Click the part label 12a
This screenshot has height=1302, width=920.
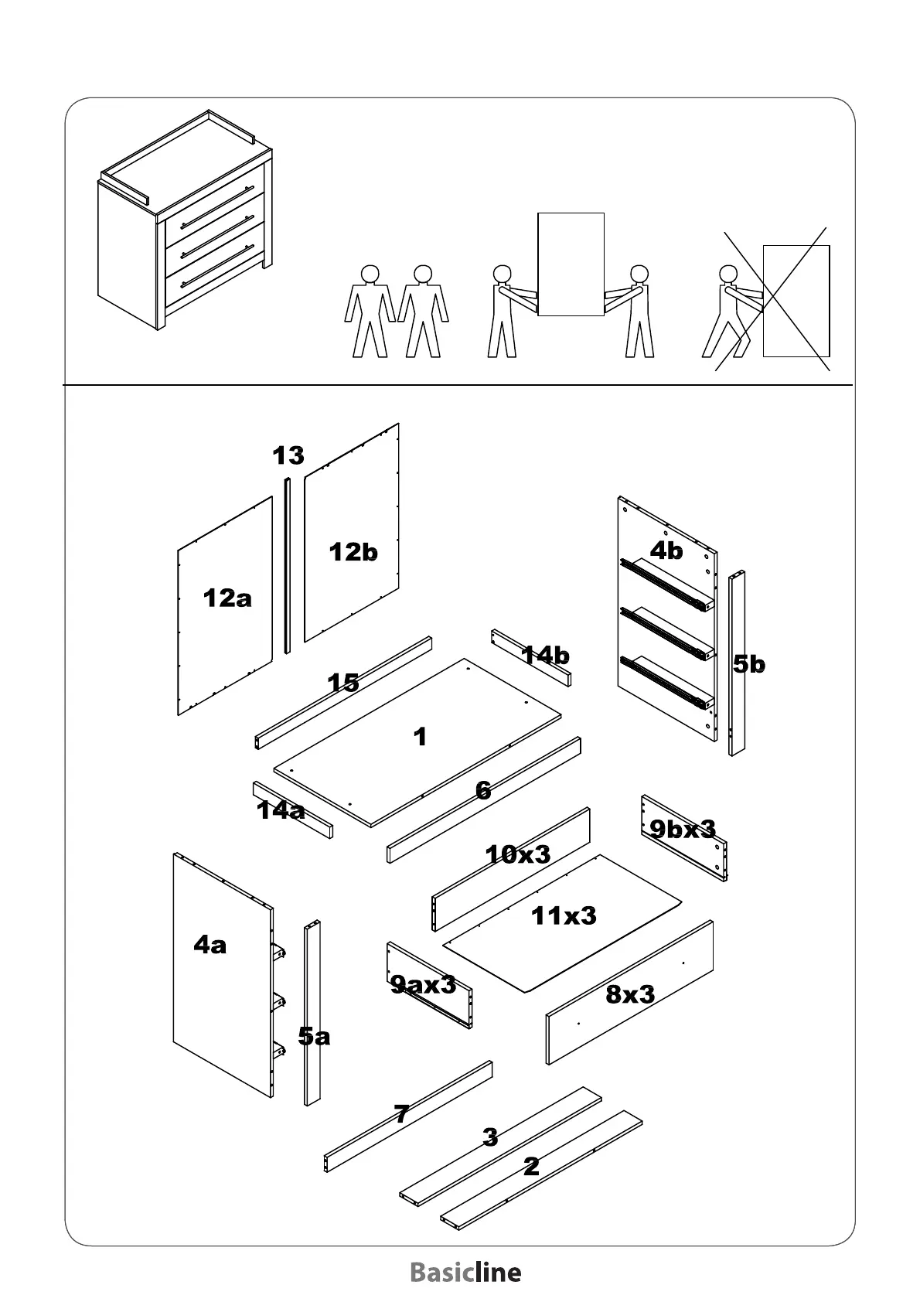[x=227, y=598]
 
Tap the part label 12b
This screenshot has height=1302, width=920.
[x=353, y=552]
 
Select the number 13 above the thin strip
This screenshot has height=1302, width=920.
[x=288, y=456]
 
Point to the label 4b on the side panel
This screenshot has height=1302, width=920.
[x=666, y=550]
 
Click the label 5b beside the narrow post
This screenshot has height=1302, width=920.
[x=749, y=664]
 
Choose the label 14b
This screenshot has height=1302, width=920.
[x=545, y=656]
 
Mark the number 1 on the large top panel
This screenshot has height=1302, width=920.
[x=420, y=737]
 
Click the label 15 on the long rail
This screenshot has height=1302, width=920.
[x=343, y=683]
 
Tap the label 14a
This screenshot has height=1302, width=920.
[x=281, y=810]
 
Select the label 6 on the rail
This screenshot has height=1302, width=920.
[x=483, y=790]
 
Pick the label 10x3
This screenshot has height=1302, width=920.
[x=517, y=854]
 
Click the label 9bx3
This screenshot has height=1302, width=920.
[x=683, y=829]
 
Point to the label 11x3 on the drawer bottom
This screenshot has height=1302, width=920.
[x=564, y=916]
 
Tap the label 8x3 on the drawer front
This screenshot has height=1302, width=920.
[x=630, y=994]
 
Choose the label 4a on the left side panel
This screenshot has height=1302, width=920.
[x=210, y=944]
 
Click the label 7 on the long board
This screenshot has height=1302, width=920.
[x=401, y=1114]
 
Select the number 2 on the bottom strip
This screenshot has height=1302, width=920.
[x=531, y=1167]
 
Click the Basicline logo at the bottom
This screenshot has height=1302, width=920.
[x=465, y=1273]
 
